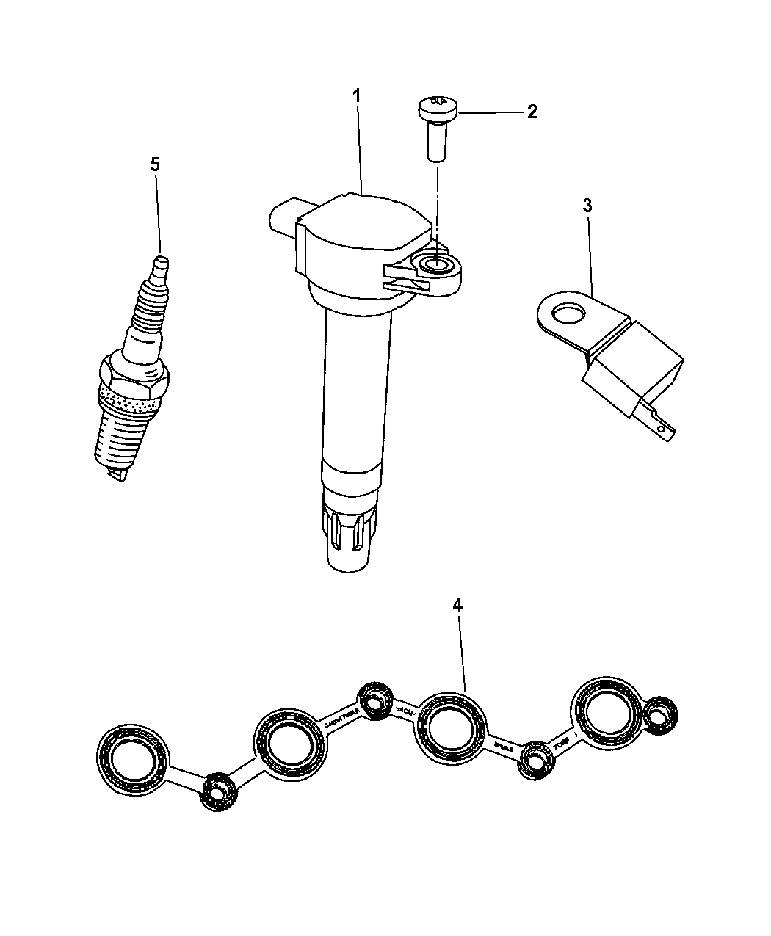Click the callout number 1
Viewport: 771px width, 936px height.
pos(356,96)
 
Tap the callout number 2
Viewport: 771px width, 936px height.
pos(532,112)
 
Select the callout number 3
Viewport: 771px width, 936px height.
pos(587,206)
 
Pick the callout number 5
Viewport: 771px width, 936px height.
pos(154,164)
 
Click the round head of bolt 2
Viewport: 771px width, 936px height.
pos(438,108)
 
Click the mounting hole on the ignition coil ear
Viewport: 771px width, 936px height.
pos(438,266)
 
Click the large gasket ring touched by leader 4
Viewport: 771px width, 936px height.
pos(450,728)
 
